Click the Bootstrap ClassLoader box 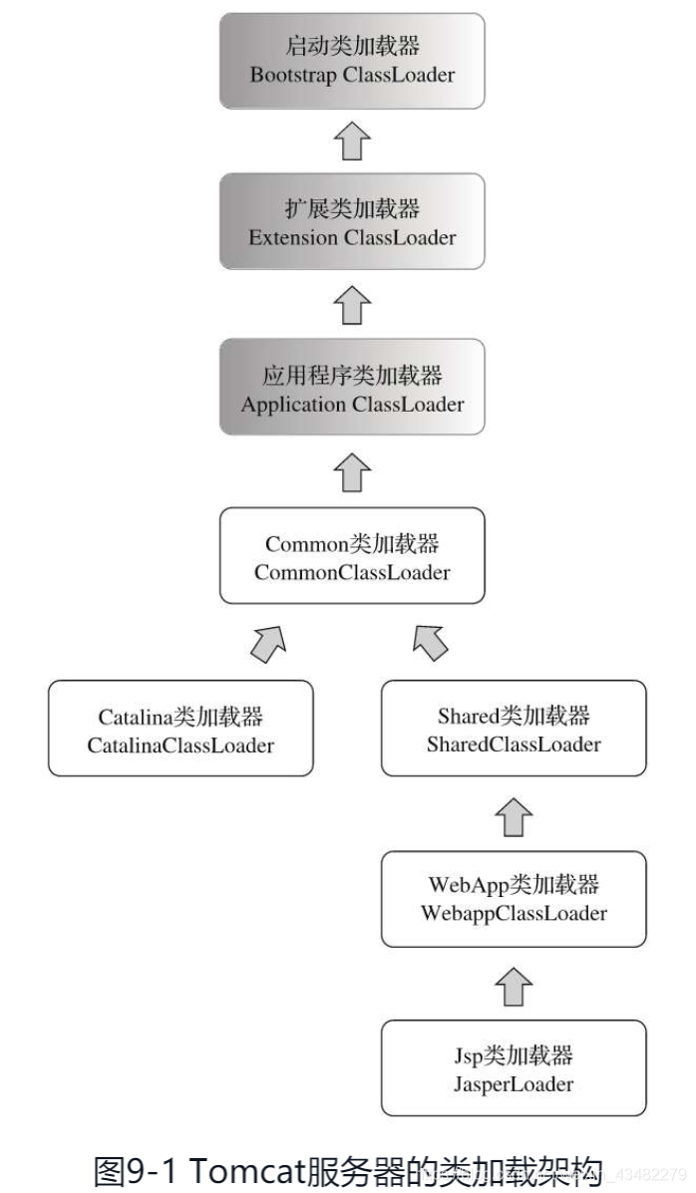tap(352, 61)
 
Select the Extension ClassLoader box tap(352, 221)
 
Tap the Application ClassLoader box tap(352, 388)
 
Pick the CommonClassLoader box tap(352, 556)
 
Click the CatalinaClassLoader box tap(180, 729)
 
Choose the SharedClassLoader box tap(514, 729)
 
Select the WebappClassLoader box tap(514, 898)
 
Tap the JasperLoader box tap(514, 1067)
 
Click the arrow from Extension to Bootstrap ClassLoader tap(352, 142)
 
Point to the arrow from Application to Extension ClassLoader tap(352, 305)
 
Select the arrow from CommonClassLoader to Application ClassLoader tap(352, 471)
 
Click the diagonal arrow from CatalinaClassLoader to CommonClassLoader tap(268, 643)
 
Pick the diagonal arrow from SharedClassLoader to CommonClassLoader tap(431, 643)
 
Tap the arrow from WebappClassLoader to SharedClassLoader tap(514, 814)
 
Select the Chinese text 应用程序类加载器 tap(352, 376)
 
